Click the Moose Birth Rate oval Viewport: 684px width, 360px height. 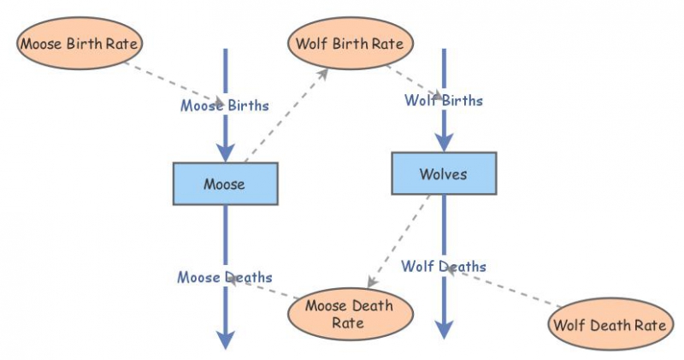80,41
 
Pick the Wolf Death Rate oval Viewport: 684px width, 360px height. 608,325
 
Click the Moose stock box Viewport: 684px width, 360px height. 225,184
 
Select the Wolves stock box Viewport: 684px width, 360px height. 443,174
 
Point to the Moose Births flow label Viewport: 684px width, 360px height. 224,106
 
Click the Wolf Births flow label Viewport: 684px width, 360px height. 443,101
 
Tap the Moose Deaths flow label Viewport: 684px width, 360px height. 225,277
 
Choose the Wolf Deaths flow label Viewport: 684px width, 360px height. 444,267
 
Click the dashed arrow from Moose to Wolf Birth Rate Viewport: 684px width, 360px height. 286,116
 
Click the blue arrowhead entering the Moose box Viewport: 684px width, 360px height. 225,151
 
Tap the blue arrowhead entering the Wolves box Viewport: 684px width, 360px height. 443,141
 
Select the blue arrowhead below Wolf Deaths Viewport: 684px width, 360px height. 443,329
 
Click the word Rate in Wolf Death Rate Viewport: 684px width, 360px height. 649,325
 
